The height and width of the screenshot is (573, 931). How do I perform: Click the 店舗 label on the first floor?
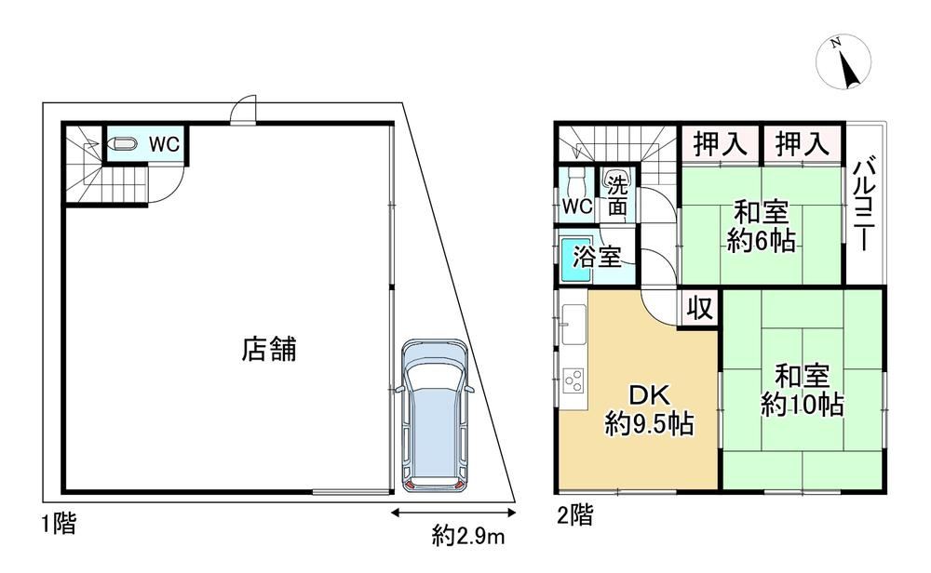(x=269, y=349)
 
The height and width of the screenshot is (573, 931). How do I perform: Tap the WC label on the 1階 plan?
(x=164, y=144)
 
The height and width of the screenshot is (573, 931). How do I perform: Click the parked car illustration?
(x=434, y=415)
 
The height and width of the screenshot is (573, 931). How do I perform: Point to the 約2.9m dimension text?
(x=468, y=536)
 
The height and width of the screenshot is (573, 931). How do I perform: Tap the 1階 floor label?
(x=59, y=524)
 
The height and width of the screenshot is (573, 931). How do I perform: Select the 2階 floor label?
(x=574, y=515)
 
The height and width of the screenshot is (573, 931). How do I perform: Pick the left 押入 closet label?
(x=721, y=143)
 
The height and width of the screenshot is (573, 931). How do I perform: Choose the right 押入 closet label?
(x=803, y=143)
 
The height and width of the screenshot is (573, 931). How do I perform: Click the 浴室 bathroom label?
(x=598, y=257)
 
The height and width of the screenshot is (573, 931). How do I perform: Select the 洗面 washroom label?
(x=617, y=196)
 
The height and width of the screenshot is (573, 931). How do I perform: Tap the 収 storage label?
(x=699, y=308)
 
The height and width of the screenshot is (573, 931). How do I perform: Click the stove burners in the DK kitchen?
(x=574, y=380)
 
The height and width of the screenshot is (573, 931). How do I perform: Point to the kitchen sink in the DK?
(x=573, y=324)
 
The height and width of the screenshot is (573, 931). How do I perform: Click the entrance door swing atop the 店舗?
(x=243, y=111)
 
